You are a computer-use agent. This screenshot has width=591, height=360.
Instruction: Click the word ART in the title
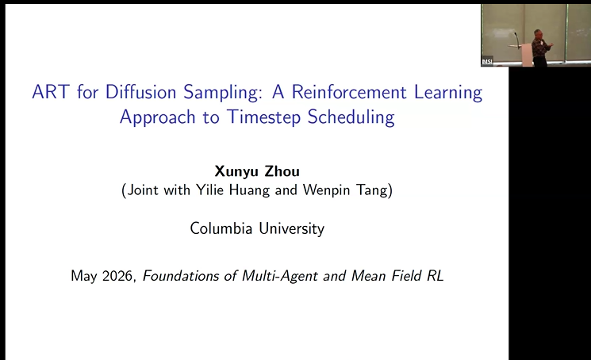coord(51,92)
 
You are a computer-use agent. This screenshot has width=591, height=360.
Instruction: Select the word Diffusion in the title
coord(140,92)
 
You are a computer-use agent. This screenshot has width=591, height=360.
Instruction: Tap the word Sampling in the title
coord(223,93)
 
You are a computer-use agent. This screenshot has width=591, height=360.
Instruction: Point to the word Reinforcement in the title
coord(349,92)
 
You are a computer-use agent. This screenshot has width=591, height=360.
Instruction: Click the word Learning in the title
coord(448,93)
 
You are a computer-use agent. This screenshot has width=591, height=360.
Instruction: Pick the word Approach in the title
coord(158,117)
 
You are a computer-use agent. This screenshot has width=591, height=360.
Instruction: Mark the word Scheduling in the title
coord(351,117)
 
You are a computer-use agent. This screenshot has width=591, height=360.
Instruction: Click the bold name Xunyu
coord(236,172)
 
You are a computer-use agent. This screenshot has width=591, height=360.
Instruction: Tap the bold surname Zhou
coord(282,171)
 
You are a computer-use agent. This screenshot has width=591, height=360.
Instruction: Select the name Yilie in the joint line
coord(210,190)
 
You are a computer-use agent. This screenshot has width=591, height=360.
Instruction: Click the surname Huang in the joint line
coord(250,190)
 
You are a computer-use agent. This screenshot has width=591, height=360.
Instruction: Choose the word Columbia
coord(221,228)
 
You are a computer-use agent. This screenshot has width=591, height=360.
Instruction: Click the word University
coord(291,229)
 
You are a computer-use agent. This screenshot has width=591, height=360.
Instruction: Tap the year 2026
coord(118,276)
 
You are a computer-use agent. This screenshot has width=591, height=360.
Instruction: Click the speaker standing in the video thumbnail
coord(539,48)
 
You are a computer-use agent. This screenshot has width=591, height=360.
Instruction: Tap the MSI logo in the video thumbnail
coord(487,61)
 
